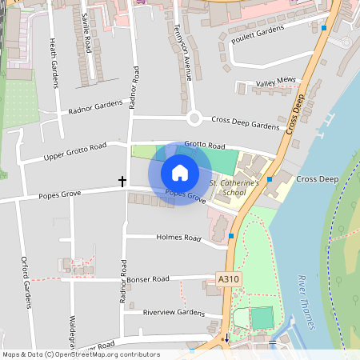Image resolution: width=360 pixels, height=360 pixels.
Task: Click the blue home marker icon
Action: point(180,173)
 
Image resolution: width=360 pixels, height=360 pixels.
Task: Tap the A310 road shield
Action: point(228,279)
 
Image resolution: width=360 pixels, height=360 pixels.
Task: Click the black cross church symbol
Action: point(122,182)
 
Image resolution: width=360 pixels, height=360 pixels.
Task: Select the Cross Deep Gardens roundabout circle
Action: point(194,119)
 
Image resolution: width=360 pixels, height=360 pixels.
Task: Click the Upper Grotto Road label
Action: point(75,150)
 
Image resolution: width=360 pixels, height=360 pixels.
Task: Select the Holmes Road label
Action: point(180,238)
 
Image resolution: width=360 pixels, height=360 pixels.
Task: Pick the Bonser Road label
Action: point(149,279)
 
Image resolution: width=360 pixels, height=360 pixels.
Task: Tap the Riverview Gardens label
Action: point(174,312)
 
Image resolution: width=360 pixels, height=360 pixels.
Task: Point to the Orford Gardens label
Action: point(26,277)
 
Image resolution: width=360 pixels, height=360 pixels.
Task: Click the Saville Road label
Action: point(86,32)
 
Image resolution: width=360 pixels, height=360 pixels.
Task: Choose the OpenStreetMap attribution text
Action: point(81,354)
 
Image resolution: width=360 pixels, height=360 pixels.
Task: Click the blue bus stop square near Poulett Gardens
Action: point(323,28)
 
